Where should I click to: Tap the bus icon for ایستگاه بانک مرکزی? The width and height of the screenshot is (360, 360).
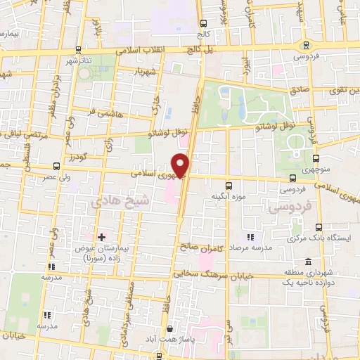click(319, 226)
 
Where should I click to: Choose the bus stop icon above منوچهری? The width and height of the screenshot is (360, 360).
click(316, 157)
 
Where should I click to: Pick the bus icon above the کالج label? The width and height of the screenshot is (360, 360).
click(204, 23)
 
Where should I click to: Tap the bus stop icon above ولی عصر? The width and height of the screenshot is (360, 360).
click(56, 166)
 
